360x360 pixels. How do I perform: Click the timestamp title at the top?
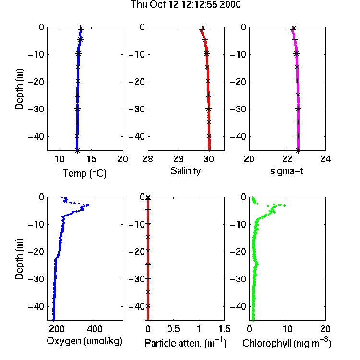(x=186, y=4)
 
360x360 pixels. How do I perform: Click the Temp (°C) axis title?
(x=84, y=173)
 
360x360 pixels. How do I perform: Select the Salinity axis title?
(x=185, y=171)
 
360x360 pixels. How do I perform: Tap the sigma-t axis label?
(x=287, y=171)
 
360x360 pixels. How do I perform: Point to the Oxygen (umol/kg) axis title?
(x=84, y=341)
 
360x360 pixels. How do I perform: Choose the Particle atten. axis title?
(x=186, y=343)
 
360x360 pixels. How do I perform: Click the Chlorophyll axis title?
(x=287, y=343)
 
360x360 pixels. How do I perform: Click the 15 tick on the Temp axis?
(x=91, y=159)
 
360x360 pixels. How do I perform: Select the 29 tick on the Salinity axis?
(x=179, y=159)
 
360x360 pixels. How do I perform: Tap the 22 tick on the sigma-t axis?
(x=287, y=159)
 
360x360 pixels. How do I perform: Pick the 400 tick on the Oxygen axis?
(x=95, y=329)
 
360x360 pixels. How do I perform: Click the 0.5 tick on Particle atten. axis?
(x=173, y=329)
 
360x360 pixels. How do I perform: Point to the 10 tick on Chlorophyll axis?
(x=288, y=329)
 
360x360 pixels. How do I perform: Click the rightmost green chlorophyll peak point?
(x=285, y=205)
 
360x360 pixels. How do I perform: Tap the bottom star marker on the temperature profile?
(x=77, y=151)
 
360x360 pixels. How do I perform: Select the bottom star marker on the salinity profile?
(x=209, y=151)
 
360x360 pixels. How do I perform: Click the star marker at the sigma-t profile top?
(x=293, y=28)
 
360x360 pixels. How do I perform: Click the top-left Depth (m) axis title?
(x=19, y=89)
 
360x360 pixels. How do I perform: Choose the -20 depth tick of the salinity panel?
(x=137, y=82)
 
